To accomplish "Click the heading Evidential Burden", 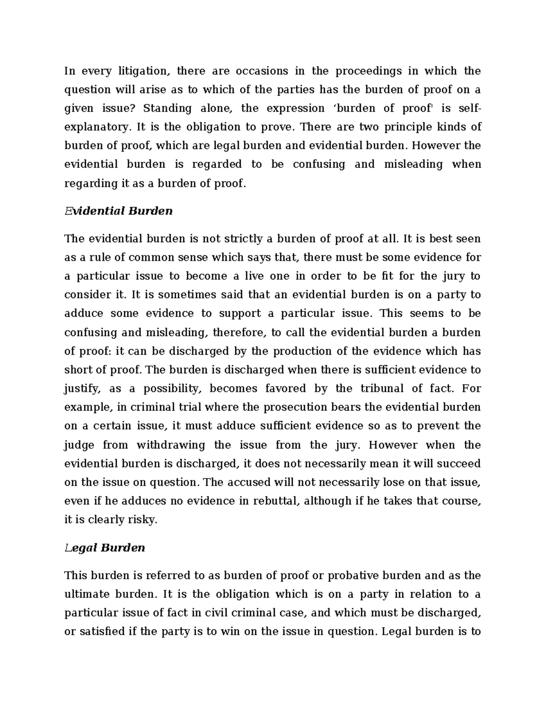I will pos(118,211).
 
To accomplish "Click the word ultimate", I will pos(87,594).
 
